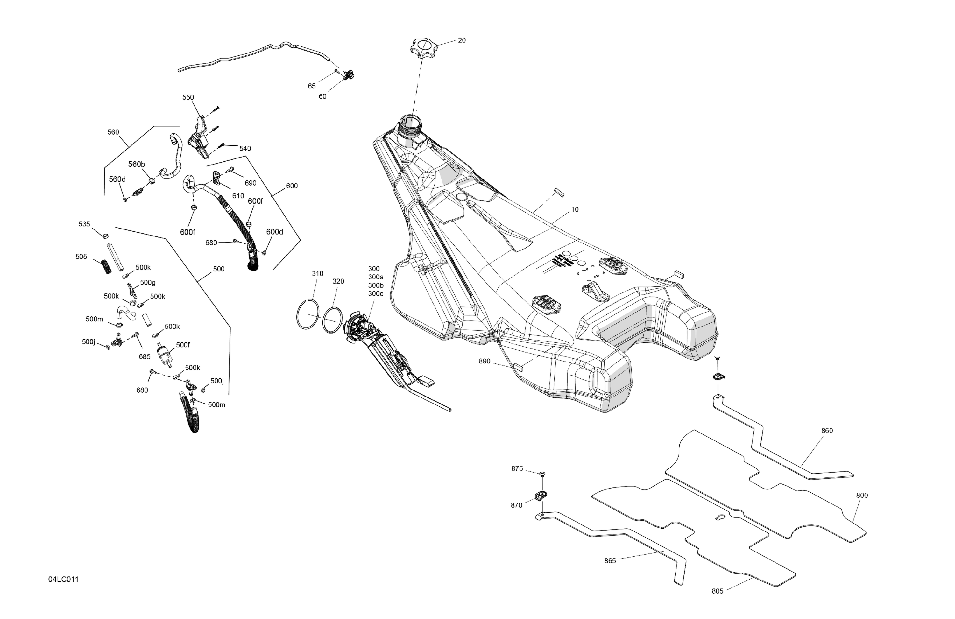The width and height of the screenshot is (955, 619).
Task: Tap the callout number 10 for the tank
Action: (x=575, y=209)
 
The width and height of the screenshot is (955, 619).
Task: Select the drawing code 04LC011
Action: (x=63, y=579)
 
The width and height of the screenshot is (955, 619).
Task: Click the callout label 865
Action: (x=610, y=561)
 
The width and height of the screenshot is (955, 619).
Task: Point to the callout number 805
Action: (x=718, y=591)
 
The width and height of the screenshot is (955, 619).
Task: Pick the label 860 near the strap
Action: (x=827, y=431)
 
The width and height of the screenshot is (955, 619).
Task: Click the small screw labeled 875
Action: (x=542, y=474)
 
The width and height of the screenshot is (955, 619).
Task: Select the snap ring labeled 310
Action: (x=308, y=314)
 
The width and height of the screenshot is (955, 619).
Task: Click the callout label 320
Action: (x=338, y=282)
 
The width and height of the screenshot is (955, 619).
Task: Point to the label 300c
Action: (x=376, y=294)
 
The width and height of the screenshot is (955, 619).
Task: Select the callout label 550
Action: (x=188, y=97)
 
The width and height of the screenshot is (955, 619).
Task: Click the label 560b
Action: (x=137, y=165)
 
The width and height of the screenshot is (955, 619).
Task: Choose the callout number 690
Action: (x=251, y=183)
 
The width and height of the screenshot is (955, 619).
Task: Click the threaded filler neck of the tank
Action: (x=410, y=124)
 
